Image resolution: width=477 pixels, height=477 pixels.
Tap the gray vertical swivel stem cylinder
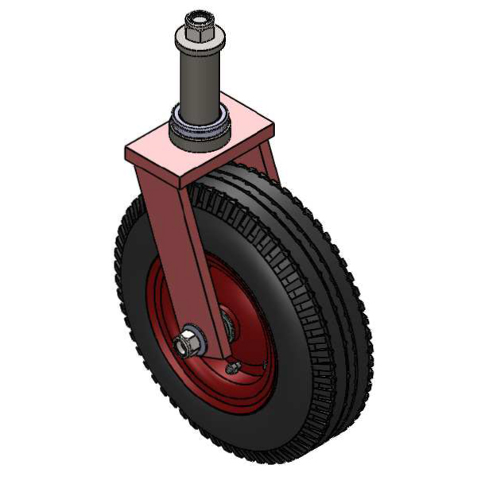tap(196, 83)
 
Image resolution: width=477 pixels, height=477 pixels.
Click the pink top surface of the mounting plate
tap(238, 127)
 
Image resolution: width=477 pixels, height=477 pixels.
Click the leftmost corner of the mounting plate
tap(125, 147)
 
